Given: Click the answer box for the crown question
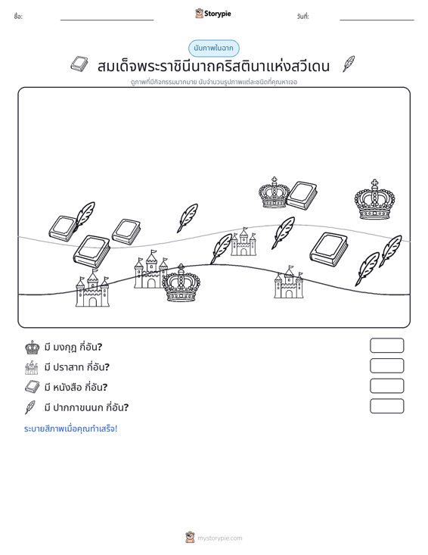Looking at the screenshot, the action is point(386,345).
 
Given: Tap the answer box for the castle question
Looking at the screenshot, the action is point(386,366).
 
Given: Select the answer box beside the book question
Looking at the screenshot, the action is point(386,386).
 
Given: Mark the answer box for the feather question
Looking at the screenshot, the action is point(386,406).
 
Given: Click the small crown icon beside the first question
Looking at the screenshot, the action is point(33,348).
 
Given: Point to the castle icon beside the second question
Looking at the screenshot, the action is point(32,367).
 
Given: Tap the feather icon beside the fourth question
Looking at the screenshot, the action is point(30,407).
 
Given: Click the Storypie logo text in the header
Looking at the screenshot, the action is point(217,14).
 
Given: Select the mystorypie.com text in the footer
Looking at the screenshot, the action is point(219,538).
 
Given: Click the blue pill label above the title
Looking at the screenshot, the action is point(214,48).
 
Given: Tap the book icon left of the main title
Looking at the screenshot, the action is point(79,64).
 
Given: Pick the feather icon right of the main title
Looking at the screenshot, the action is point(349,64).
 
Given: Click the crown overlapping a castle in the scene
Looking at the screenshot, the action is point(181,283).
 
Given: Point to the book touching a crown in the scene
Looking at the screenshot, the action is point(302,195).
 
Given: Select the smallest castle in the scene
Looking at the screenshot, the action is point(243,242).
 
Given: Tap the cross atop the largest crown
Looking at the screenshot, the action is point(374,183).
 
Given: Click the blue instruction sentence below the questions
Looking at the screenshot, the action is point(70,429).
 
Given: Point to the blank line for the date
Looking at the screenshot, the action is point(377,20).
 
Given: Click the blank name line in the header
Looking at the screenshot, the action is point(107,20).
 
